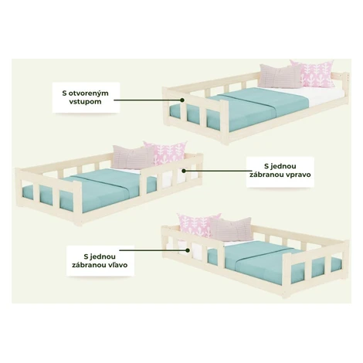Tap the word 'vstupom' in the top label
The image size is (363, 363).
[x=85, y=101]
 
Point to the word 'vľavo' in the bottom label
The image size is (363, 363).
[x=117, y=265]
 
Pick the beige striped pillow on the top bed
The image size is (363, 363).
[x=280, y=76]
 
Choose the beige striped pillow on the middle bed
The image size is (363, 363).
[x=133, y=157]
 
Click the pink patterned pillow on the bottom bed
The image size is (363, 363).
[x=197, y=226]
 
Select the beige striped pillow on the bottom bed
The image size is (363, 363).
[x=231, y=229]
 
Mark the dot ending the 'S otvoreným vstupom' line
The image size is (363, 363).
[x=182, y=100]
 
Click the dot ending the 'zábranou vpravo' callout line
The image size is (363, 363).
[x=184, y=171]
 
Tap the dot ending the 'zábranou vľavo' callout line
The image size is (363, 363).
[x=188, y=250]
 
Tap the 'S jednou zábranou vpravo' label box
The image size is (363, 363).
[x=280, y=172]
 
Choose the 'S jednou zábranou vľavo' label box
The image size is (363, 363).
[x=100, y=261]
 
